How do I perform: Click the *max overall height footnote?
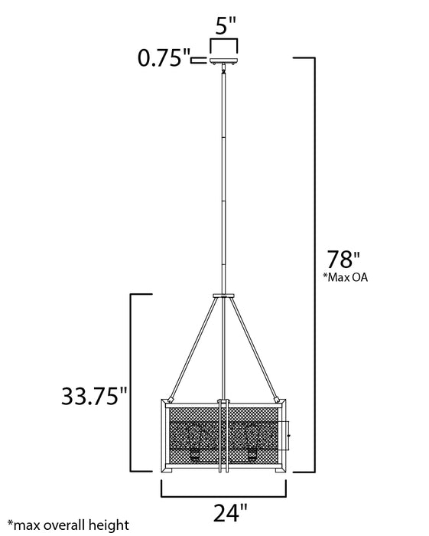tap(64, 526)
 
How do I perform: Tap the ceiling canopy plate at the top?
tap(223, 60)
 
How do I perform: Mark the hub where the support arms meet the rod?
tap(223, 295)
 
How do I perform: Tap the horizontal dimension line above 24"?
tap(223, 484)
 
